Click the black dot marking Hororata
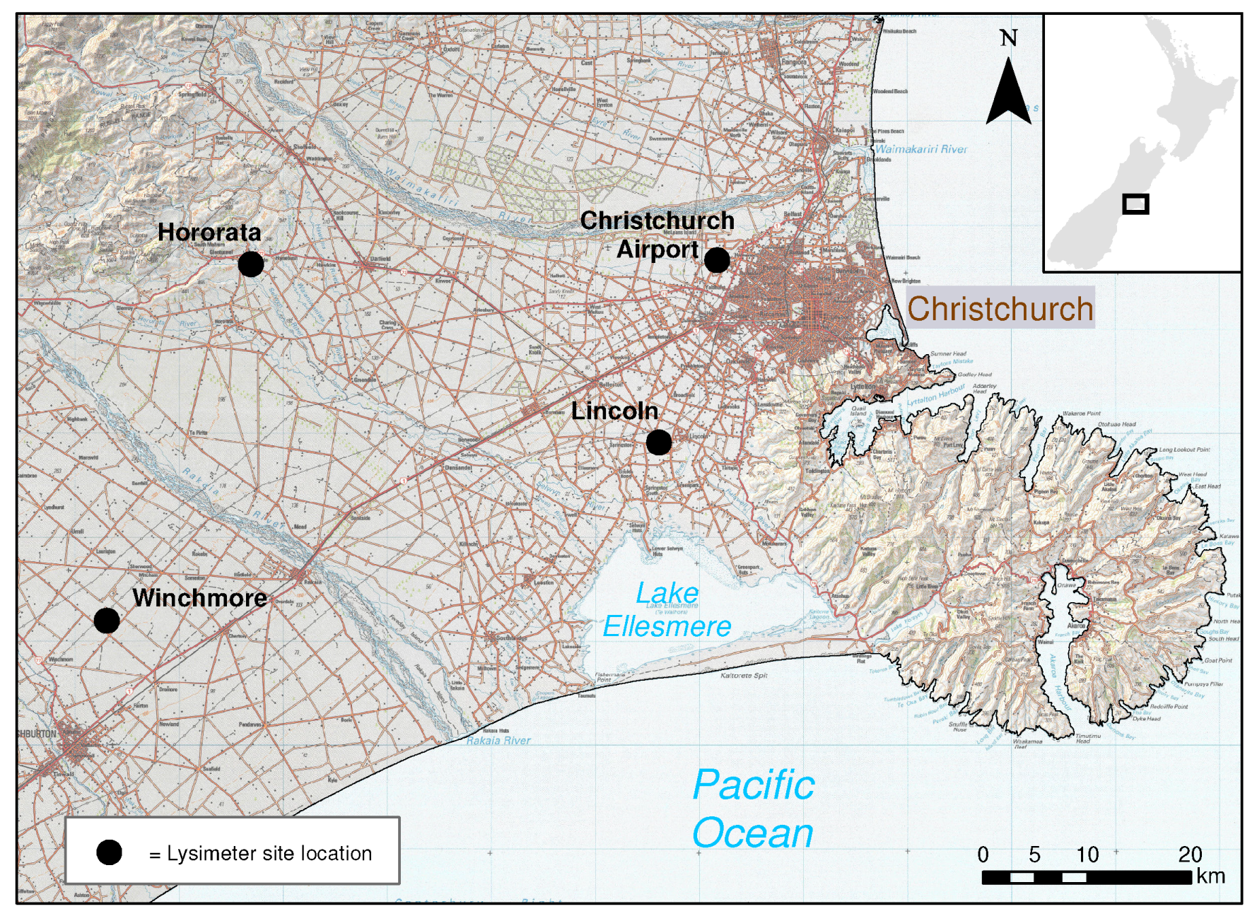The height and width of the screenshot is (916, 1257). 250,264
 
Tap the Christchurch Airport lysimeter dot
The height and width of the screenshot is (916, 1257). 716,260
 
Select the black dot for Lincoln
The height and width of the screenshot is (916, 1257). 658,442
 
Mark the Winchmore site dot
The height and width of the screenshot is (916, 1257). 107,621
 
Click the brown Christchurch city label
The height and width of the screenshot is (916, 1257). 1000,309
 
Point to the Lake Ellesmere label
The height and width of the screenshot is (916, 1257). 667,610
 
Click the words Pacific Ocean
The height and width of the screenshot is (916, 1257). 753,809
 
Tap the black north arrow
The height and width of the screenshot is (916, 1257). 1008,95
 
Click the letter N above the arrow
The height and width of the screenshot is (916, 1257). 1009,38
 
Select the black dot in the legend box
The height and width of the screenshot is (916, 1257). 109,852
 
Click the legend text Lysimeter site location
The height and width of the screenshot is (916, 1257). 269,853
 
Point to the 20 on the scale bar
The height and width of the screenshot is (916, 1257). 1190,855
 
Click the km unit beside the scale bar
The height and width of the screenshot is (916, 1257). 1210,876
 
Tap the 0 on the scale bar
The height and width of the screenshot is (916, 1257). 983,855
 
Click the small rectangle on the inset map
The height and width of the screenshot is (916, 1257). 1135,204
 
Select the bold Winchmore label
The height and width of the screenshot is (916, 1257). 199,598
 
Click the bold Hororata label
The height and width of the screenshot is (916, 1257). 209,232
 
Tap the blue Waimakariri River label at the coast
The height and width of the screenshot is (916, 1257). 920,149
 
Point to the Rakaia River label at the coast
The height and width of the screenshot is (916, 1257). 498,740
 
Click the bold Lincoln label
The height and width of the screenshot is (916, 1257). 614,411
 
